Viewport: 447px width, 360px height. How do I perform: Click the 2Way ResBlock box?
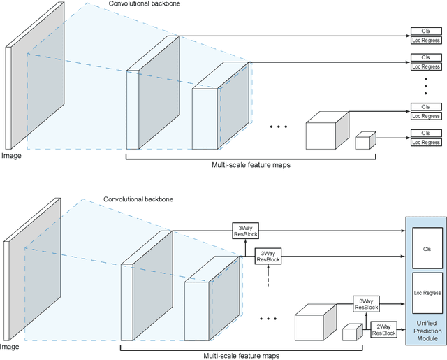click(x=384, y=330)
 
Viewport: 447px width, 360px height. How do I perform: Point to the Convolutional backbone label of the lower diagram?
click(x=138, y=199)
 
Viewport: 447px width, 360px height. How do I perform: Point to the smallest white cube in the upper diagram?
click(x=365, y=141)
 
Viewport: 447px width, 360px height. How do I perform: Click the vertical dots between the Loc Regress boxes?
click(x=425, y=87)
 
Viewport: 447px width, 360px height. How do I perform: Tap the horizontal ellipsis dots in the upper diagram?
click(x=278, y=127)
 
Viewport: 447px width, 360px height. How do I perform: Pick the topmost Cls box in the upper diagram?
click(x=425, y=31)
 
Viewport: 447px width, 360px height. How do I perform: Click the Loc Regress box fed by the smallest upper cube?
click(x=425, y=143)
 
